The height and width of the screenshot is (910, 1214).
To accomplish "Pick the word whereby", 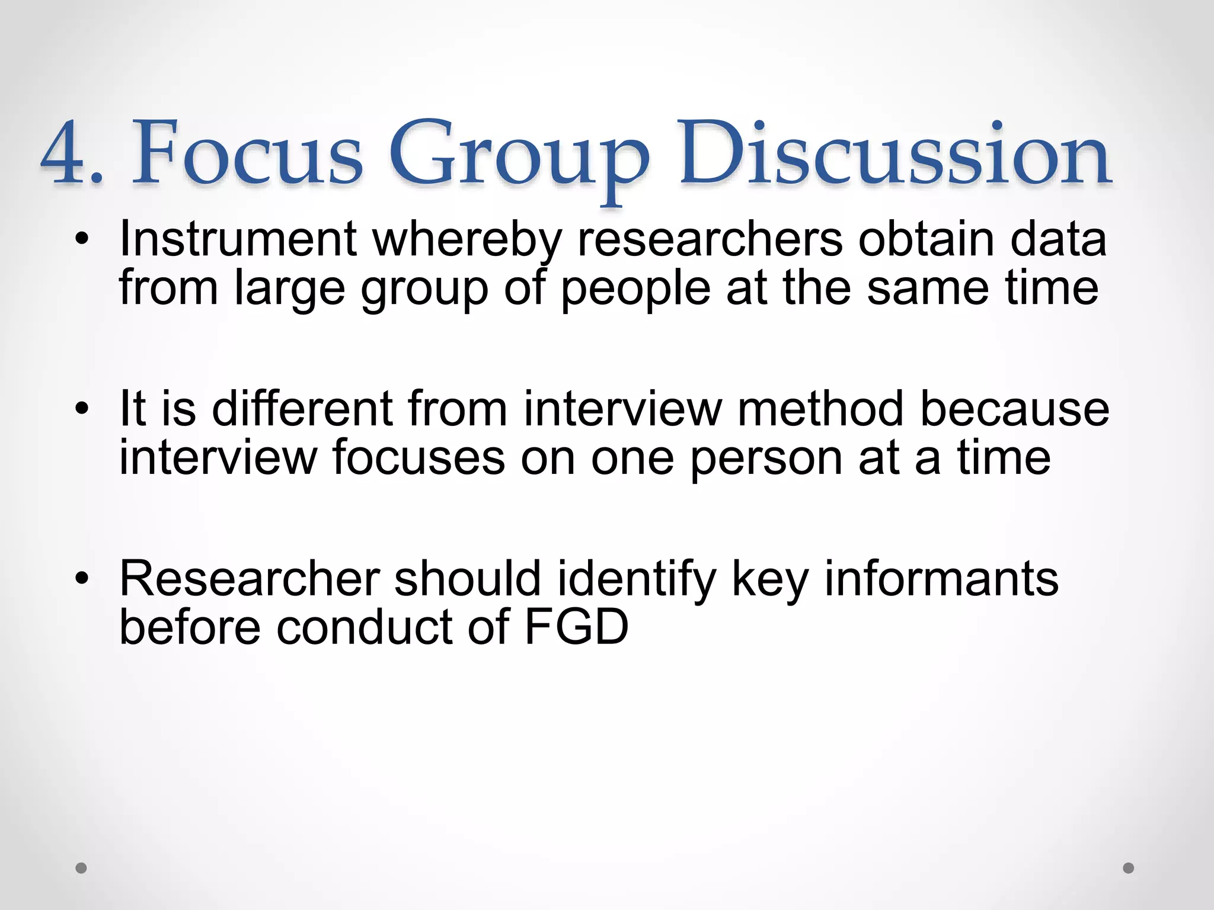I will tap(467, 240).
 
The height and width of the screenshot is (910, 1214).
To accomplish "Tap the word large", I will tap(289, 289).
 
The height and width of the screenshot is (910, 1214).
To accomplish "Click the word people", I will tap(635, 289).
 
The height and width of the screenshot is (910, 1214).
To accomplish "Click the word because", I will tap(1014, 409).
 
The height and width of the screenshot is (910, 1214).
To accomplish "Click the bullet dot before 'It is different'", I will tap(82, 409).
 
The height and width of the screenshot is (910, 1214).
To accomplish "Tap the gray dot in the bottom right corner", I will tap(1129, 868).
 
